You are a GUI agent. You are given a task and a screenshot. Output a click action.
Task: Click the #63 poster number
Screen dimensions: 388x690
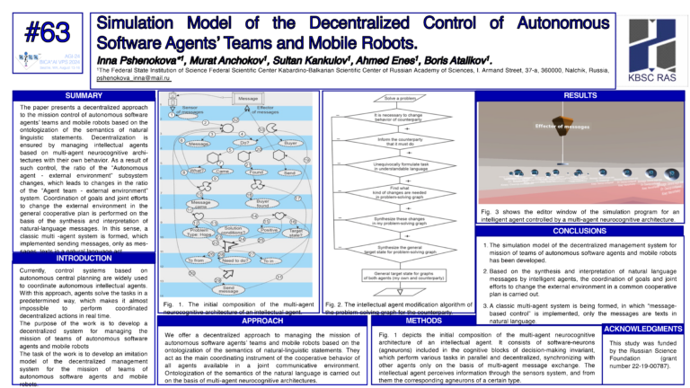(x=47, y=32)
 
